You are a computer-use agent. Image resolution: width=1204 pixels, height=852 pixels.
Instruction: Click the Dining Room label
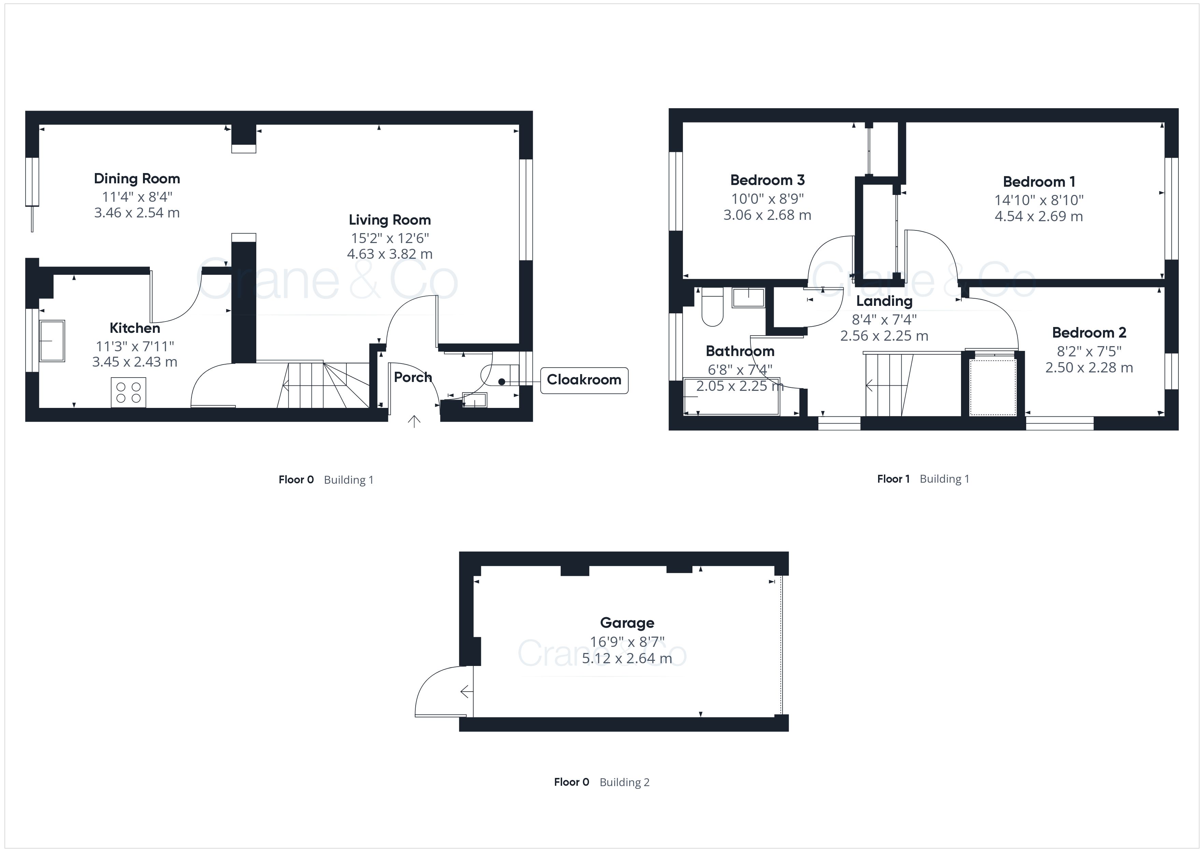(x=137, y=179)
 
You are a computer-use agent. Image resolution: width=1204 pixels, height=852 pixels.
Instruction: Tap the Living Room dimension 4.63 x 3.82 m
(x=390, y=254)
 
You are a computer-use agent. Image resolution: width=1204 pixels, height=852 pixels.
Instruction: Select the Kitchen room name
(x=135, y=328)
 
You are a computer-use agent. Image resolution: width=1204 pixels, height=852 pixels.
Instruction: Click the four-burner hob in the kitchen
(x=128, y=393)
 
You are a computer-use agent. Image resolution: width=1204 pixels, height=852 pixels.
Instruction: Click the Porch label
(x=413, y=377)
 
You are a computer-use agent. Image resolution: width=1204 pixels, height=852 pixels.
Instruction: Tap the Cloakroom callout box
(x=584, y=380)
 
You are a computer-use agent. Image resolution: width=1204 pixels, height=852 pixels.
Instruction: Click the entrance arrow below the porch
(x=414, y=421)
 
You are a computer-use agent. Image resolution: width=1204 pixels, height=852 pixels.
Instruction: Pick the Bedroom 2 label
(x=1089, y=332)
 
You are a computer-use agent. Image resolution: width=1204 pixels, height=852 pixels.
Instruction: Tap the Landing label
(x=884, y=301)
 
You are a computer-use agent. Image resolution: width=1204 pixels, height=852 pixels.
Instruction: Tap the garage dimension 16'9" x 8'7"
(x=627, y=642)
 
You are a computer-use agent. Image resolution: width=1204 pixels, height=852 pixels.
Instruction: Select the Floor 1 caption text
(x=893, y=479)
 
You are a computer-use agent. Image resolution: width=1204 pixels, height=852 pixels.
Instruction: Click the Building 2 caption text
(x=625, y=782)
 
